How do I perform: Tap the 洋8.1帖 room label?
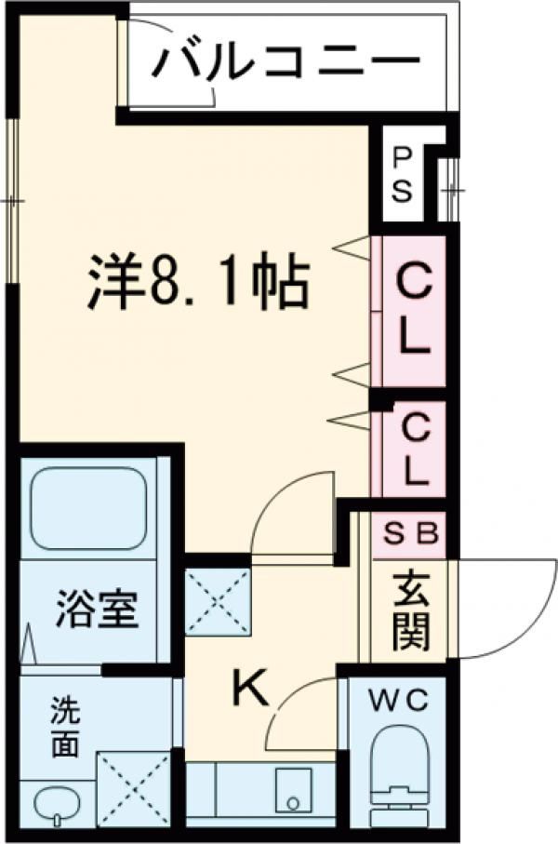click(198, 284)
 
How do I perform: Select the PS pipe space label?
click(402, 175)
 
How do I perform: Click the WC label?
click(399, 702)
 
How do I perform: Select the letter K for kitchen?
click(249, 690)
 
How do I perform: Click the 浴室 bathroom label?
click(98, 609)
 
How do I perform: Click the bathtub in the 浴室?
click(88, 507)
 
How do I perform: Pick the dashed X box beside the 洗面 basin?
click(133, 790)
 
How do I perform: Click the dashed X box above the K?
click(218, 599)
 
